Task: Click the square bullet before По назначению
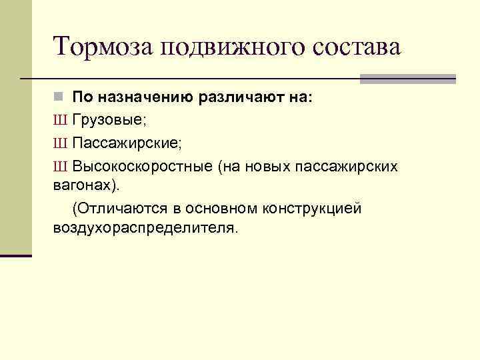(x=58, y=97)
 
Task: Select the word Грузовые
(x=103, y=122)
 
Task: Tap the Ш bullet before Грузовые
(x=59, y=122)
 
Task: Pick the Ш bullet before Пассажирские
(x=59, y=144)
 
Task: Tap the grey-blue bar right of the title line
(x=407, y=79)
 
